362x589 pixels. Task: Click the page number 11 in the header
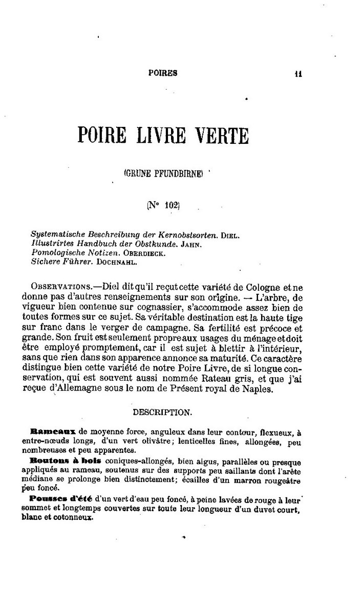click(x=298, y=73)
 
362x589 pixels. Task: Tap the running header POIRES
click(x=162, y=73)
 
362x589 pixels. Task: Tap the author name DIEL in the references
click(x=231, y=235)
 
